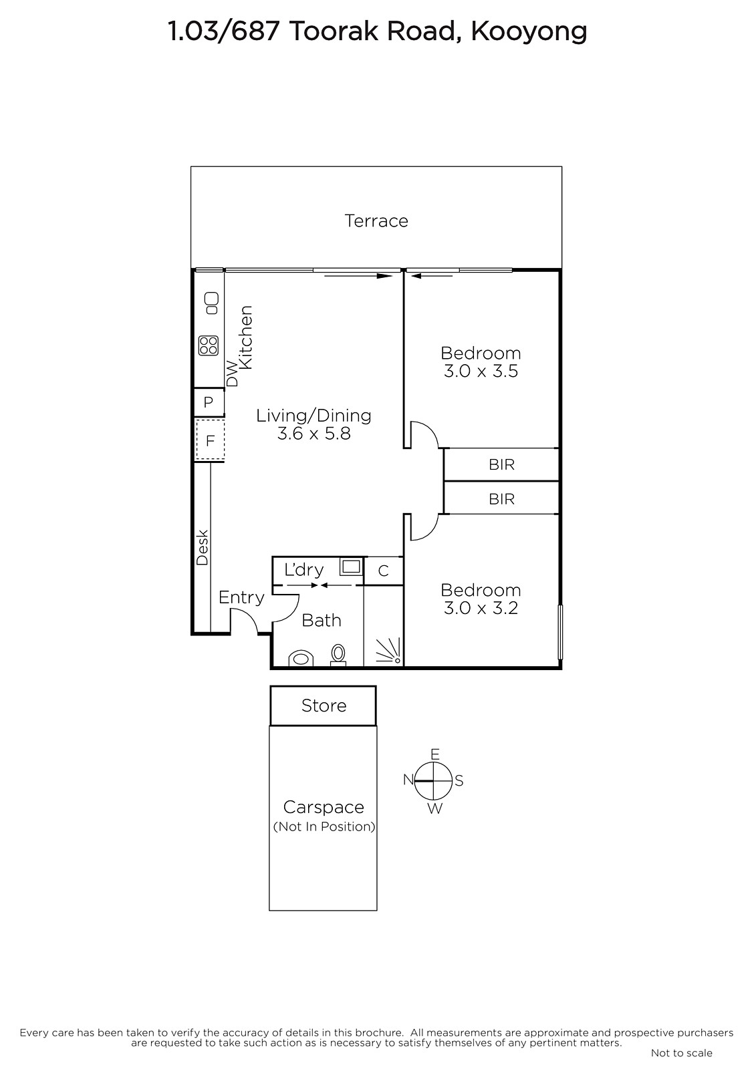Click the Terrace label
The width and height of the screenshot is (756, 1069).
[x=376, y=221]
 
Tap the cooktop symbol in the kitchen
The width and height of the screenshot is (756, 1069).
[x=209, y=345]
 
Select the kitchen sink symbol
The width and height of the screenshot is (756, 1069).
[x=212, y=303]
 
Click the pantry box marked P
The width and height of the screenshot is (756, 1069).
[x=209, y=402]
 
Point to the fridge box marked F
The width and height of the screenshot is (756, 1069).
[x=210, y=440]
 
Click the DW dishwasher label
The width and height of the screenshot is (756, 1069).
[x=232, y=373]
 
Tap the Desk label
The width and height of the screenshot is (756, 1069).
[x=202, y=547]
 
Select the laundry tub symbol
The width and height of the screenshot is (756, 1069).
[x=351, y=567]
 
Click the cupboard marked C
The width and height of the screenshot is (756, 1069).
[x=384, y=571]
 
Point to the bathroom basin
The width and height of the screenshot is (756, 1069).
[x=301, y=658]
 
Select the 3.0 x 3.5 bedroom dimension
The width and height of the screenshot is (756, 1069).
[x=481, y=371]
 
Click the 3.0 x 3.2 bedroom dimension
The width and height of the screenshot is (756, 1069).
[x=481, y=608]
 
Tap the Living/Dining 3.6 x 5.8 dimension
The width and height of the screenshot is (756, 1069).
[x=313, y=434]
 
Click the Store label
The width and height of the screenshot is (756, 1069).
[x=324, y=706]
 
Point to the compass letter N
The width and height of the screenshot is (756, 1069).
[x=408, y=779]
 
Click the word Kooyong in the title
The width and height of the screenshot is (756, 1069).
[x=529, y=32]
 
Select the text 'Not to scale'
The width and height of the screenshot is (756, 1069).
[x=682, y=1053]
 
